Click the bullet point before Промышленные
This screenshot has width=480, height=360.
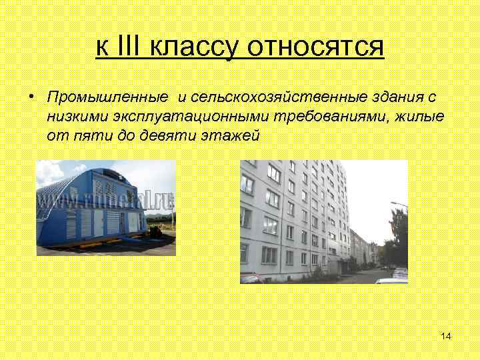[x=31, y=97]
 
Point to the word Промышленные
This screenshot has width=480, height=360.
[x=107, y=97]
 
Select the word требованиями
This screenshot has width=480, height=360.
[x=321, y=117]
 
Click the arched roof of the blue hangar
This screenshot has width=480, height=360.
[x=73, y=183]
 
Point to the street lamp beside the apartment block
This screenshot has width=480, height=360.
[x=397, y=206]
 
